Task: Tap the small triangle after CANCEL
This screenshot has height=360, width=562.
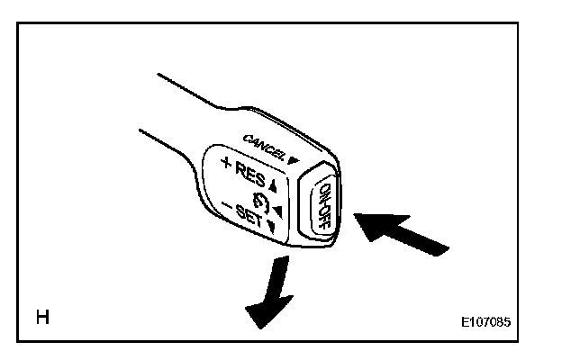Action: coord(293,159)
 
